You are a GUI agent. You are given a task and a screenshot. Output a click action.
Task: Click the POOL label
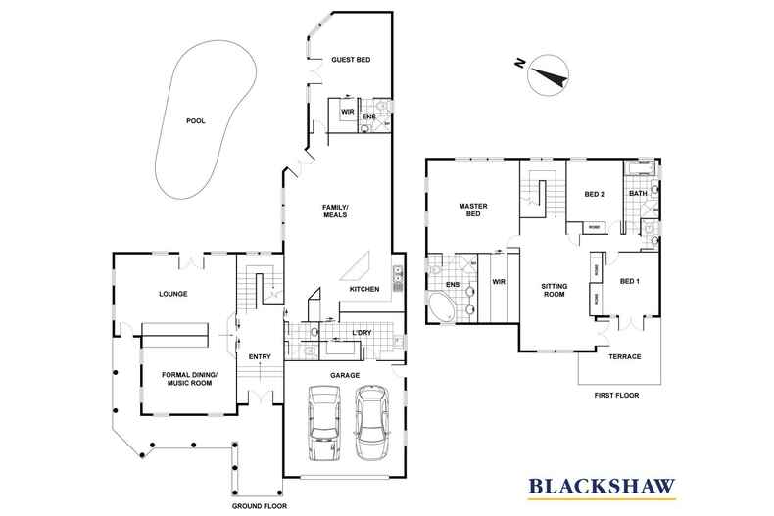[198, 123]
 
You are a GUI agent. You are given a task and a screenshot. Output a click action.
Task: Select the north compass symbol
[546, 76]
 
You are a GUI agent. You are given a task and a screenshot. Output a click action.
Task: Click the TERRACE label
[625, 356]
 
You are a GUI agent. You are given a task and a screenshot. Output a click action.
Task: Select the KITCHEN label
[364, 290]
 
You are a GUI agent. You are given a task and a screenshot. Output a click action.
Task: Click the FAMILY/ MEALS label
[336, 212]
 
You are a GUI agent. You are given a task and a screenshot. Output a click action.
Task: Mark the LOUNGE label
[172, 294]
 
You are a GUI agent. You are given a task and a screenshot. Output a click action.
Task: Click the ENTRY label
[260, 356]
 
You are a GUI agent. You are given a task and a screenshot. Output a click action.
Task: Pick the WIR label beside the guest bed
[347, 113]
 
